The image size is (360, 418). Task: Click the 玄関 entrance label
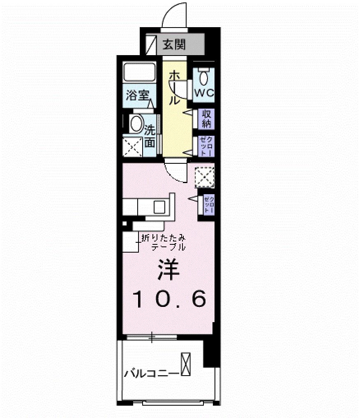[x=173, y=44]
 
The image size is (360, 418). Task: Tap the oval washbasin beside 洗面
[x=136, y=123]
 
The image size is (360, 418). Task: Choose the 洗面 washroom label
[x=150, y=137]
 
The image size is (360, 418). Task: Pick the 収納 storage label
[x=206, y=119]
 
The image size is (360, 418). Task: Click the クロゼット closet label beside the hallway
[x=206, y=146]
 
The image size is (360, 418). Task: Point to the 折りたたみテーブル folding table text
[x=163, y=242]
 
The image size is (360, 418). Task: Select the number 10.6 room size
[x=168, y=300]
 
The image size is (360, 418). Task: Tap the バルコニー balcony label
[x=151, y=374]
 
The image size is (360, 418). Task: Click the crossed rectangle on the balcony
[x=186, y=365]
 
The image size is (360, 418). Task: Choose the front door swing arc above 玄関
[x=175, y=16]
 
